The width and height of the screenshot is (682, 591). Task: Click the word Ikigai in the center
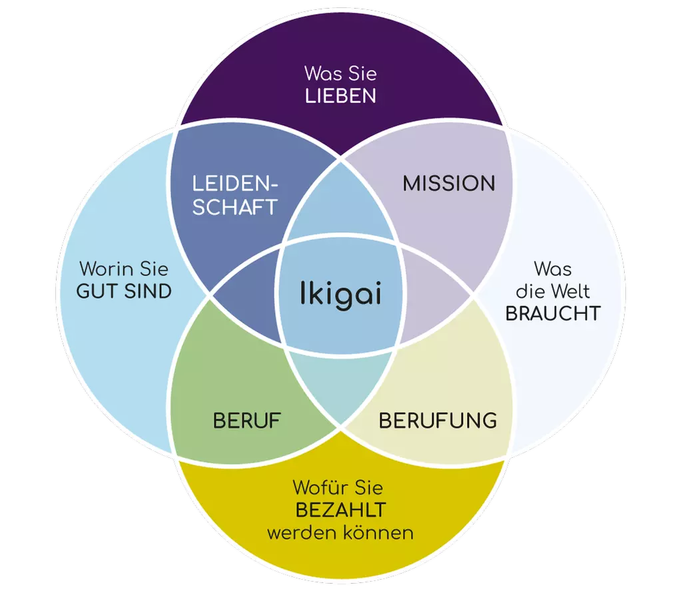[x=340, y=294]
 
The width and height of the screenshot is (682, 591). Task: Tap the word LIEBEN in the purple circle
[x=340, y=96]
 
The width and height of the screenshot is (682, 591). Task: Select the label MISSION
[x=449, y=184]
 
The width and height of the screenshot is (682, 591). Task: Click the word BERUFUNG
[x=438, y=421]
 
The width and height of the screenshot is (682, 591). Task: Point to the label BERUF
[x=247, y=421]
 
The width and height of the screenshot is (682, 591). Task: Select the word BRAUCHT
[x=553, y=313]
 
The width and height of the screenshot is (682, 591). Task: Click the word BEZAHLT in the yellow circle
[x=340, y=510]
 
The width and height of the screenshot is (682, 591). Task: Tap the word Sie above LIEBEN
[x=361, y=73]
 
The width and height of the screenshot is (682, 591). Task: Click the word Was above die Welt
[x=552, y=269]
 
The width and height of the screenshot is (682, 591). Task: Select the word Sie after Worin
[x=154, y=270]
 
